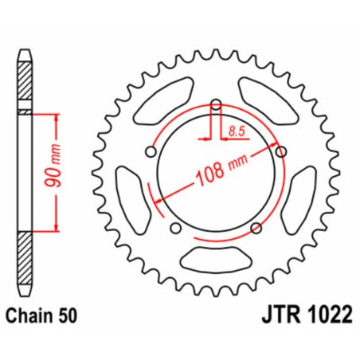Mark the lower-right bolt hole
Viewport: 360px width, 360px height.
(x=255, y=228)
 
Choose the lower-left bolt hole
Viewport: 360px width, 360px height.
(x=175, y=229)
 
